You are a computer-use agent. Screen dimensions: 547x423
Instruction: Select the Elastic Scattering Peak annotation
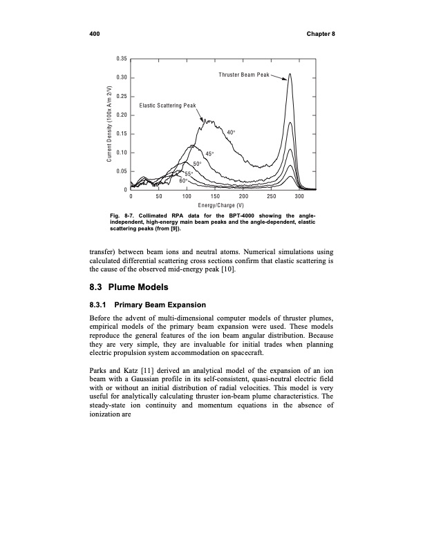coord(168,105)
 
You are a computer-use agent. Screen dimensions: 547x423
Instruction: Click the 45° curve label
coord(210,153)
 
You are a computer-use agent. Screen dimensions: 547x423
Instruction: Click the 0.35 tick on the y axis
coord(119,58)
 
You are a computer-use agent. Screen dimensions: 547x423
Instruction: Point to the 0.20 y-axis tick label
coord(119,115)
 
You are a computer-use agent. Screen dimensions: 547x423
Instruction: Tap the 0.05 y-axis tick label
coord(119,171)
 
